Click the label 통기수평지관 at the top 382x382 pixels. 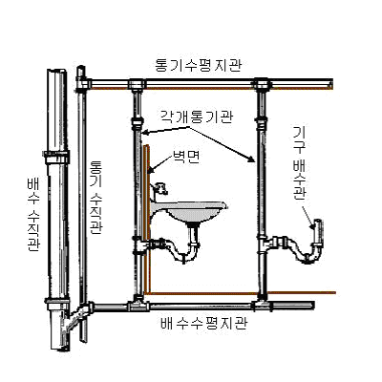[198, 66]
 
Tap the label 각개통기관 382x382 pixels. [196, 117]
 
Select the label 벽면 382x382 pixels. [186, 157]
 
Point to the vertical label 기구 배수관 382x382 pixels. [299, 163]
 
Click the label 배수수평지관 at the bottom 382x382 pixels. [204, 323]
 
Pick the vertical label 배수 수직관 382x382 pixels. [33, 215]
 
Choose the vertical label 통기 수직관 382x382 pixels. [96, 198]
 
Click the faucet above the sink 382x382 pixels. [159, 189]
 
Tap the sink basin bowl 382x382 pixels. [190, 211]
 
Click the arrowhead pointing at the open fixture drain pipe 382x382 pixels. [312, 225]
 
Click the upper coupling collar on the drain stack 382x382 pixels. [57, 158]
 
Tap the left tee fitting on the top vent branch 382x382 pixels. [137, 85]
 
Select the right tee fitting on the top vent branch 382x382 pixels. [263, 85]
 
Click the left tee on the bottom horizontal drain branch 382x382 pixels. [138, 305]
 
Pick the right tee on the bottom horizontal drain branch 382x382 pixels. [263, 305]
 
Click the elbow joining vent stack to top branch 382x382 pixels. [83, 83]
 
